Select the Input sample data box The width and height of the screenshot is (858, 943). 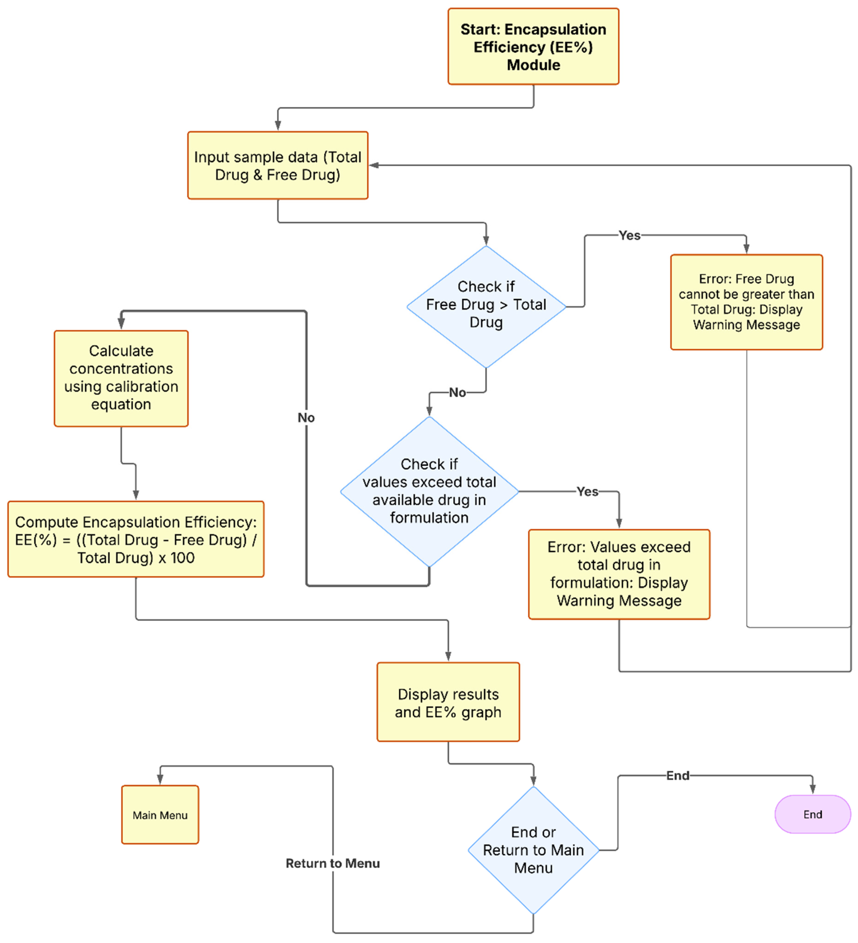click(x=278, y=166)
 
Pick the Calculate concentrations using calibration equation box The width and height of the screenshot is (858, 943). click(x=121, y=378)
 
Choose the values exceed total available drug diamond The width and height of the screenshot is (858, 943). click(x=429, y=491)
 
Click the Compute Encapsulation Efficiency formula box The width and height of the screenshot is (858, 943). click(x=136, y=539)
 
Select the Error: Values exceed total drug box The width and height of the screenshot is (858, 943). click(x=619, y=574)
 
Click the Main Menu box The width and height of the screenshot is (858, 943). click(x=160, y=815)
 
